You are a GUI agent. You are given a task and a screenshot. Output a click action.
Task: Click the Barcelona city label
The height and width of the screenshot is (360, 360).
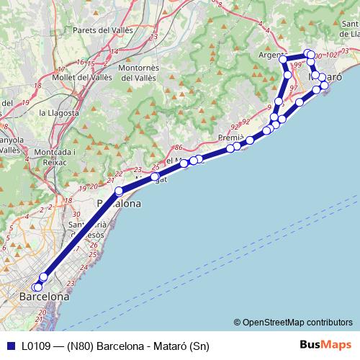coord(45,296)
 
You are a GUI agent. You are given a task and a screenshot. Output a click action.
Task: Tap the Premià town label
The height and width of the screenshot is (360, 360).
coord(232,138)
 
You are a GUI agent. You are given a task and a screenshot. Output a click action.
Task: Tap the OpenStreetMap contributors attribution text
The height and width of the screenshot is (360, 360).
coord(298,322)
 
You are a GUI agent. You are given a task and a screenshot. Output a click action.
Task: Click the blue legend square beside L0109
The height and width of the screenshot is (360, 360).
coord(10,345)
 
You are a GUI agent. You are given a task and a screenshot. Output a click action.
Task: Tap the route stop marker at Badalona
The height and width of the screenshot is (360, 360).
coord(119,192)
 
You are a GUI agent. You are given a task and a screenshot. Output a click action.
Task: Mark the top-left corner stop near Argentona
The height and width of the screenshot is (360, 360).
coord(283,58)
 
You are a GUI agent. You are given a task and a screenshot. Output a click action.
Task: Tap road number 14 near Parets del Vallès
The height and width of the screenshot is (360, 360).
coord(112,51)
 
